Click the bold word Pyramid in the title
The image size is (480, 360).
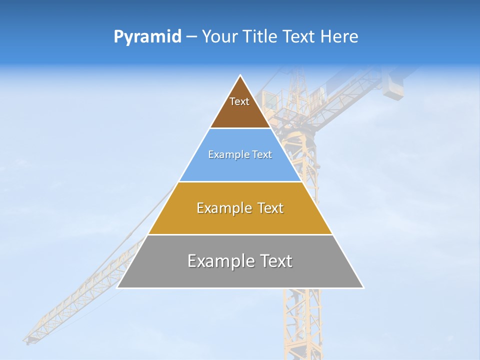tap(147, 36)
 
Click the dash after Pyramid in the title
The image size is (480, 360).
tap(191, 37)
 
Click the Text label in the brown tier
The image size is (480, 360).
tap(239, 101)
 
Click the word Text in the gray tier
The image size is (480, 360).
tap(274, 261)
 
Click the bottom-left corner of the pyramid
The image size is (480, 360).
tap(117, 287)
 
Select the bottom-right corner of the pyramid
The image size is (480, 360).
tap(363, 287)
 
